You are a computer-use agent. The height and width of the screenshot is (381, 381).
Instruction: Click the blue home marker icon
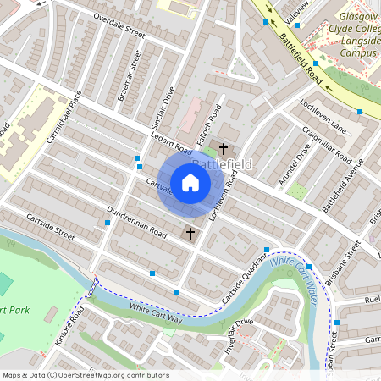(190, 182)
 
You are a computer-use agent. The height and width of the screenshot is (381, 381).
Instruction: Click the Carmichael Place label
(63, 117)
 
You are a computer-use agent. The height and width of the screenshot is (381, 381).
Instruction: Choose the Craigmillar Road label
(325, 146)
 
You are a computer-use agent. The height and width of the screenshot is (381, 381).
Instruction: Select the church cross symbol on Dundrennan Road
(190, 233)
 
